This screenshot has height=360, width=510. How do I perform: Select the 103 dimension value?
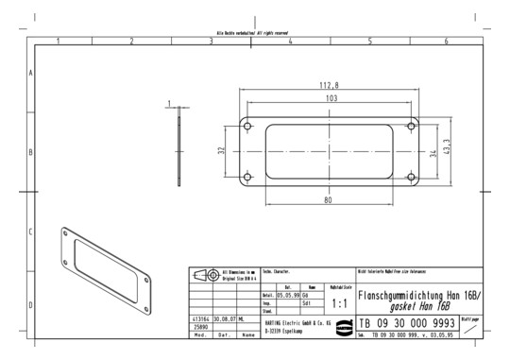pos(331,98)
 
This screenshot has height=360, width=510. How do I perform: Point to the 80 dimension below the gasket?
pos(328,200)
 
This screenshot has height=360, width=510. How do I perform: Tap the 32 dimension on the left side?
pos(222,150)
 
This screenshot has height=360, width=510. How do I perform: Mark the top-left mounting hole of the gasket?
pos(247,126)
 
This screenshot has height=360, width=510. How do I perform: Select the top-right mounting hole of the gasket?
pos(413,126)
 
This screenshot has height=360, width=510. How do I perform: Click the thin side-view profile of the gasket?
pos(179,151)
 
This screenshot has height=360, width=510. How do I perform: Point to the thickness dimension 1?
pos(168,104)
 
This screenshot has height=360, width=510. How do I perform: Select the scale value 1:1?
pos(341,304)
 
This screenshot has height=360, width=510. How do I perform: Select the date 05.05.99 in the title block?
pos(287,295)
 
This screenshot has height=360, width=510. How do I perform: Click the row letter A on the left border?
pos(31,73)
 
